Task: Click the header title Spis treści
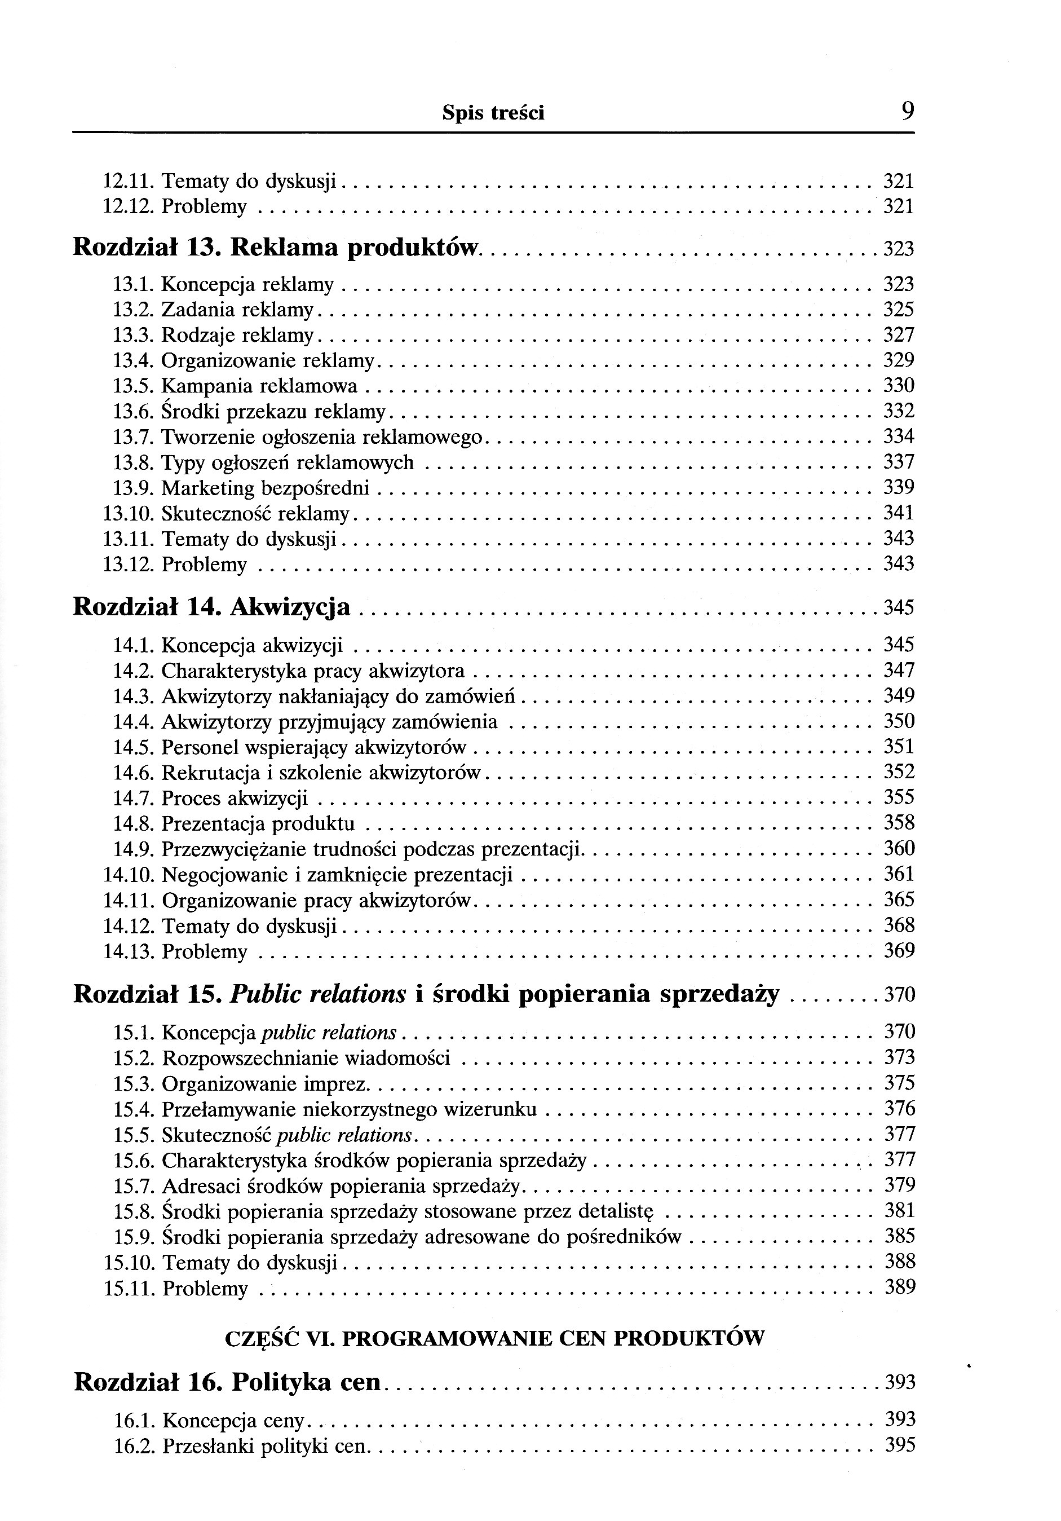coord(493,114)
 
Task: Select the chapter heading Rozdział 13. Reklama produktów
coord(274,247)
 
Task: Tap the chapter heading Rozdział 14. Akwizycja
coord(211,606)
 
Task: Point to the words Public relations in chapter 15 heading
coord(317,994)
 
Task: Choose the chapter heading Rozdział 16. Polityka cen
coord(228,1382)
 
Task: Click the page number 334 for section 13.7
coord(899,437)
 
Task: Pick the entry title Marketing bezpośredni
coord(265,488)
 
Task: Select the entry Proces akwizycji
coord(235,798)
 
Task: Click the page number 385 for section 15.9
coord(899,1236)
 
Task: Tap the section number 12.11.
coord(129,181)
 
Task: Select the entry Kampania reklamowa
coord(259,386)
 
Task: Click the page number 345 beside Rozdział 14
coord(899,607)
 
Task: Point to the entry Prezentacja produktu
coord(258,824)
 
